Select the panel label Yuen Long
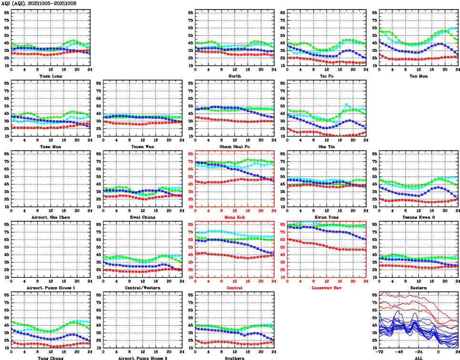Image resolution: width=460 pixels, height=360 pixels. [50, 76]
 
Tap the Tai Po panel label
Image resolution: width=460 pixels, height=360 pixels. [326, 76]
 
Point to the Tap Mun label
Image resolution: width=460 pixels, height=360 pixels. [418, 76]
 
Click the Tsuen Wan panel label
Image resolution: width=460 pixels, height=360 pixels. [142, 146]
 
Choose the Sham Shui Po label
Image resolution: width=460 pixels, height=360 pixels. [234, 146]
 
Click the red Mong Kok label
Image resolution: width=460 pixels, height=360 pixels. [234, 217]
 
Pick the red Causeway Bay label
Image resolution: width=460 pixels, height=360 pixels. [326, 288]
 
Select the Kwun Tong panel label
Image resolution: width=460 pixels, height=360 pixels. [326, 217]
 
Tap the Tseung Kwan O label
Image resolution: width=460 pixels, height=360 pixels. [418, 217]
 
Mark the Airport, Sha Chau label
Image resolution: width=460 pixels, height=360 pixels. [50, 217]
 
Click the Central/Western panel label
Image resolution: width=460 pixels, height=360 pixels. [142, 288]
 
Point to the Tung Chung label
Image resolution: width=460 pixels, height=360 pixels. [50, 358]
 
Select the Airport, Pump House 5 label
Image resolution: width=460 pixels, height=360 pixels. [142, 358]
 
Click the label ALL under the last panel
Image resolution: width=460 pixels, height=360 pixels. [418, 358]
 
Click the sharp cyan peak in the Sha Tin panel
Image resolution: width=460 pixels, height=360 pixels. [346, 103]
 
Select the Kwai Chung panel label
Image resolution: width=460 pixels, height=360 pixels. [142, 217]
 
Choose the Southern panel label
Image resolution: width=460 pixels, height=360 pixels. [234, 358]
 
